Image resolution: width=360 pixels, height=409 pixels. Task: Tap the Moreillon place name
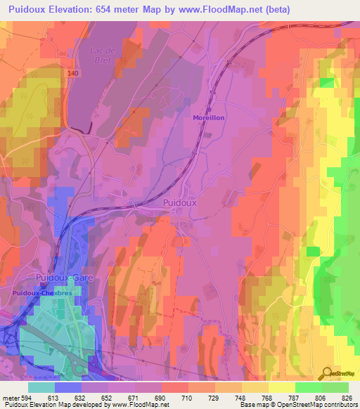(209, 118)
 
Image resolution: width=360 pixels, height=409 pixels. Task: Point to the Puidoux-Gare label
(65, 278)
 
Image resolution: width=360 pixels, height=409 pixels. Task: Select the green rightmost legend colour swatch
(335, 387)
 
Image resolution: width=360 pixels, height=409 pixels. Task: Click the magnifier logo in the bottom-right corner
(328, 373)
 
